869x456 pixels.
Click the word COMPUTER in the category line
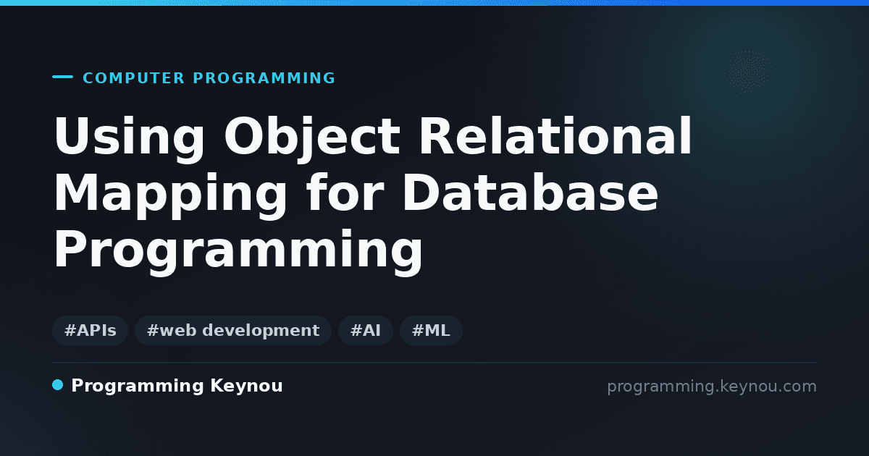[x=133, y=78]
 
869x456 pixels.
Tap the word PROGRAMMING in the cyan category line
[x=264, y=78]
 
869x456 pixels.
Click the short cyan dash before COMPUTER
[x=62, y=77]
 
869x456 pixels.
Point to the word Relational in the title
[x=555, y=136]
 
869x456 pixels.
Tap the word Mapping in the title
[x=170, y=196]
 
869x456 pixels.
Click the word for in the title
[x=345, y=192]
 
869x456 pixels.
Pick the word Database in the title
[x=530, y=192]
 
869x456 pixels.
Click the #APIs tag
[x=90, y=330]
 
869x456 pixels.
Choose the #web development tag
[x=233, y=330]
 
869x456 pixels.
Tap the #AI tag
[x=366, y=330]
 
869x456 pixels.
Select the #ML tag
[x=431, y=330]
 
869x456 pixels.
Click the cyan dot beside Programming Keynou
[x=57, y=385]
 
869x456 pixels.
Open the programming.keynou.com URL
[x=712, y=387]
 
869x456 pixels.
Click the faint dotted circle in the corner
[x=749, y=72]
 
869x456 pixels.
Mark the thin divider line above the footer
[x=434, y=363]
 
